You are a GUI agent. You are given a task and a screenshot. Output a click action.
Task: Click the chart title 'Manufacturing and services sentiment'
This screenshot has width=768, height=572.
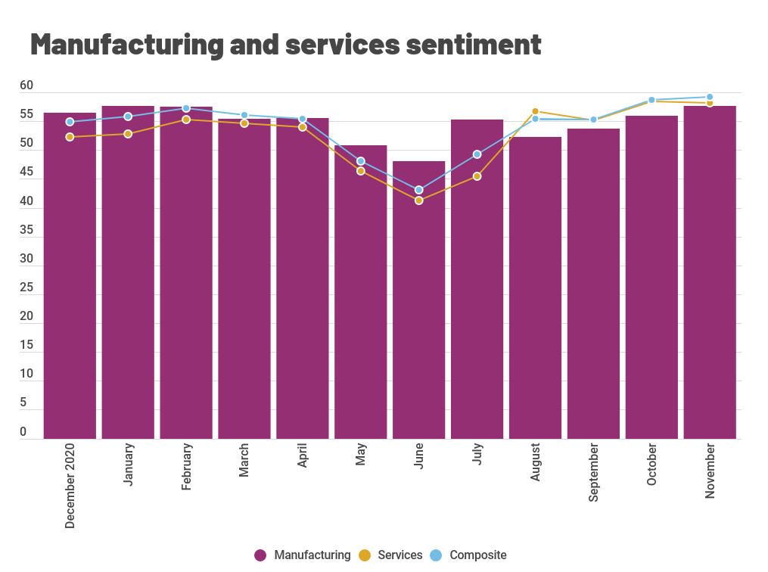(x=285, y=45)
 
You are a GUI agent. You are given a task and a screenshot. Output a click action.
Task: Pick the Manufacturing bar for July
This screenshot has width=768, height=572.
(x=477, y=279)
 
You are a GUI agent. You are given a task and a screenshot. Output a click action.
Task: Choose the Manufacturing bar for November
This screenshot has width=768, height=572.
(x=710, y=272)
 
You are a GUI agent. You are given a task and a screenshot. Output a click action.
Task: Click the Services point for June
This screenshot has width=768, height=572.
(x=418, y=201)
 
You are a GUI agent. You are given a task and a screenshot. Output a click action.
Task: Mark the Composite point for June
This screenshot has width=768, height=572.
(x=418, y=190)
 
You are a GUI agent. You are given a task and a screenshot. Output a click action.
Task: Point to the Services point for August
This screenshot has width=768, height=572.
(x=535, y=111)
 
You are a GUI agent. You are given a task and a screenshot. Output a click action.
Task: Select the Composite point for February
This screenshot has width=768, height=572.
(x=186, y=108)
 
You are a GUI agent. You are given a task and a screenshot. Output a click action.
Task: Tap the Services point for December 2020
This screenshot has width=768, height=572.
(x=70, y=137)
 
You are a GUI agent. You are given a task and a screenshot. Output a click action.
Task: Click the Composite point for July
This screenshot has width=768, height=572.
(x=477, y=154)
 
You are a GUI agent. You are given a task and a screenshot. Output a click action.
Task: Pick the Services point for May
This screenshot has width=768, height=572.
(x=361, y=171)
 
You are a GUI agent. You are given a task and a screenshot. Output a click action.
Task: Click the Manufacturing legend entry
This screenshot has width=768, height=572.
(x=303, y=555)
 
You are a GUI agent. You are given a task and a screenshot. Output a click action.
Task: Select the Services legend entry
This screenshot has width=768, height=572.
(x=390, y=555)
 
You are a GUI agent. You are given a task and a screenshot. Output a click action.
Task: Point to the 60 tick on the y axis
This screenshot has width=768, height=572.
(x=26, y=86)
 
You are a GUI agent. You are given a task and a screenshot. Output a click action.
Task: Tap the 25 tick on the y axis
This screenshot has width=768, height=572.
(x=26, y=288)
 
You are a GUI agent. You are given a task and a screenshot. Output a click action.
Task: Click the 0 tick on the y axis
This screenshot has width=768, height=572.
(x=23, y=432)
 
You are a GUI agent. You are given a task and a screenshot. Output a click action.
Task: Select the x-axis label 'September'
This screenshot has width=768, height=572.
(x=593, y=473)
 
